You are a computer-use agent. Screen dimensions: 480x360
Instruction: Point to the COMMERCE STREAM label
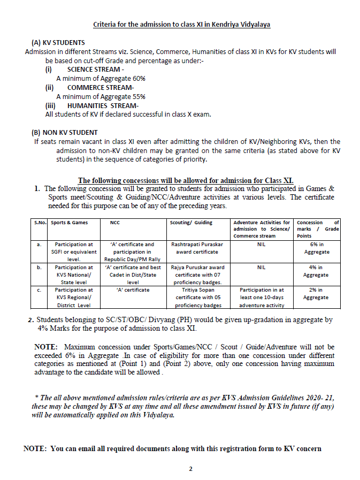[101, 87]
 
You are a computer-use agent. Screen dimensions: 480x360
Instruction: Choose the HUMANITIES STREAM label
[103, 105]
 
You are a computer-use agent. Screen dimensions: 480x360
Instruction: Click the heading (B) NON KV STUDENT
[65, 132]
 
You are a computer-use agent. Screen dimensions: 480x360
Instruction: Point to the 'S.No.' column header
[37, 223]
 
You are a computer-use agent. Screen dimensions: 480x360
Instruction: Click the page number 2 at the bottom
[190, 469]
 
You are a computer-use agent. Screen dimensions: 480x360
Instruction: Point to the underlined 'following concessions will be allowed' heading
[186, 180]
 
